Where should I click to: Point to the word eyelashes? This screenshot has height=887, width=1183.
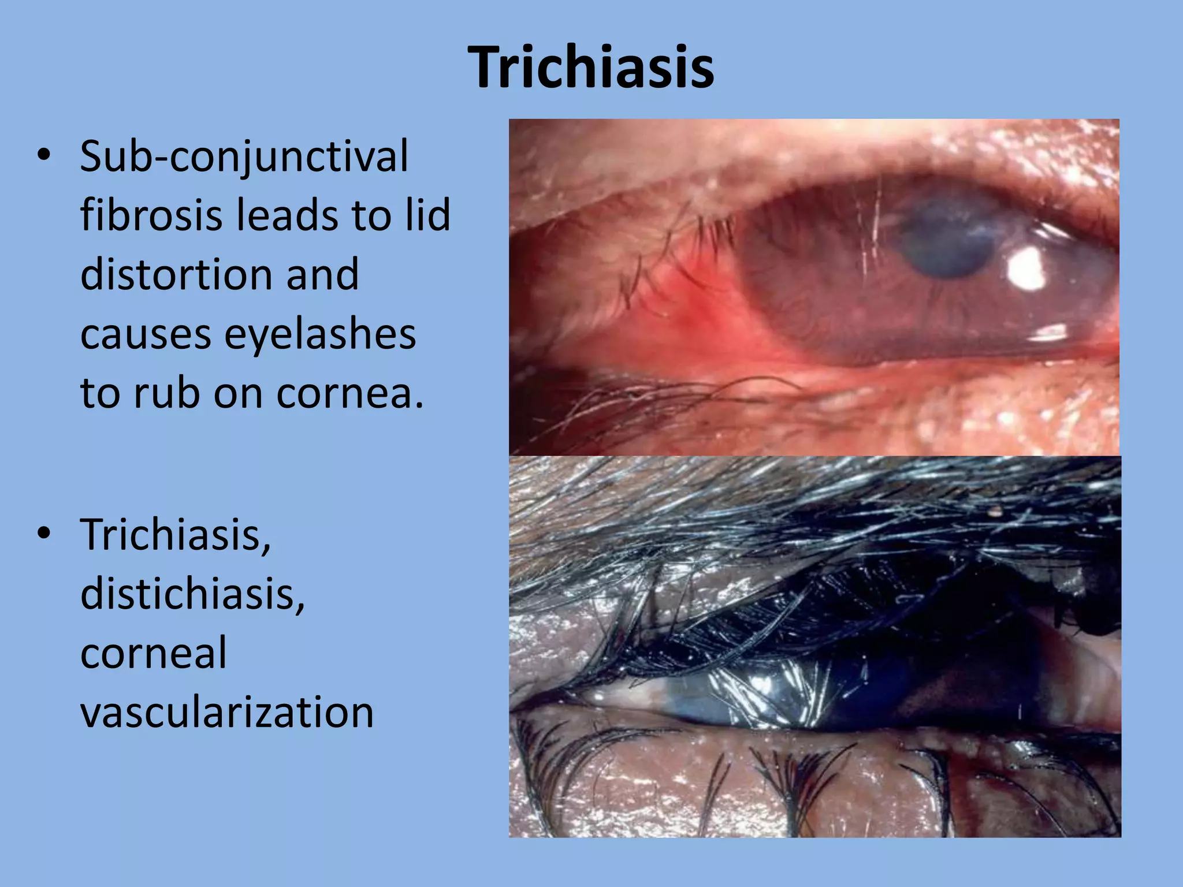[320, 335]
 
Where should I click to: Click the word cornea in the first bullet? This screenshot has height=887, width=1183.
[349, 394]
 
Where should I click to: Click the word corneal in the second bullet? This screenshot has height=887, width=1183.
[154, 653]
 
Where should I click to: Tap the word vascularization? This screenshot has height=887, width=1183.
[227, 712]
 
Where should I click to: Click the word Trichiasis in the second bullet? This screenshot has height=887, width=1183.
[175, 535]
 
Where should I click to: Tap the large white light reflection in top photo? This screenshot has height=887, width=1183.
[1027, 269]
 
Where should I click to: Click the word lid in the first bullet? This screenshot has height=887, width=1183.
[428, 215]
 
